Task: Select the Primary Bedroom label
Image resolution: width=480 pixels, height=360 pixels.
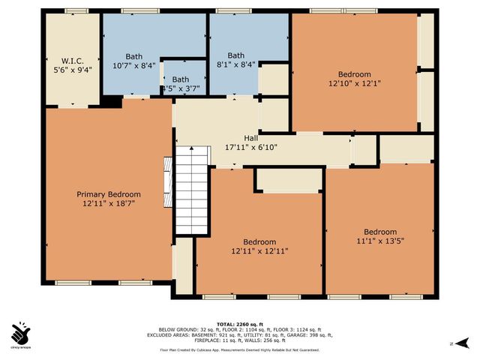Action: coord(109,194)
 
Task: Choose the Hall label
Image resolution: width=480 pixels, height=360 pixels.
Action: coord(252,138)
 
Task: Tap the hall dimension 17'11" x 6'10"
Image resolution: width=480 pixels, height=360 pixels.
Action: coord(252,148)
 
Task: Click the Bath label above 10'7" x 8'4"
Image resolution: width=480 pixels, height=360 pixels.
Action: coord(133,55)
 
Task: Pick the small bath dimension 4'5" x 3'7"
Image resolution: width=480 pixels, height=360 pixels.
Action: coord(181,89)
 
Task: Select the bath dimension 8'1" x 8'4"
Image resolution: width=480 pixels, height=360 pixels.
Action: coord(236,65)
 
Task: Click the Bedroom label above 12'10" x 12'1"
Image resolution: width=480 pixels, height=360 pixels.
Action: coord(354,74)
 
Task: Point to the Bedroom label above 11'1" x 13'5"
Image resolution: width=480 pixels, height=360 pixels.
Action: coord(380,232)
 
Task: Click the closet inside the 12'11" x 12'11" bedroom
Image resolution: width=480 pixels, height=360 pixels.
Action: coord(289,180)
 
